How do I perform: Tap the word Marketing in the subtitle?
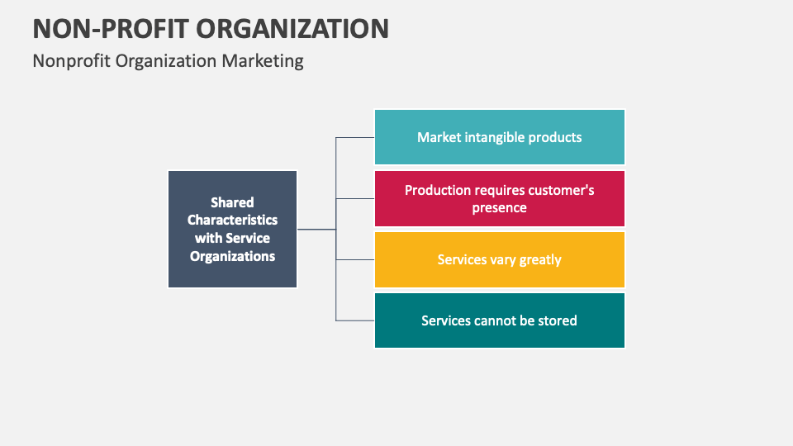pyautogui.click(x=262, y=60)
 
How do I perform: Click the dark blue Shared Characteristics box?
pyautogui.click(x=232, y=229)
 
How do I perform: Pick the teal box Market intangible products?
pyautogui.click(x=499, y=137)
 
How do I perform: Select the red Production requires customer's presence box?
pyautogui.click(x=499, y=198)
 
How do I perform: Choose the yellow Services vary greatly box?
pyautogui.click(x=499, y=259)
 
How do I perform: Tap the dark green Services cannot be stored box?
pyautogui.click(x=499, y=320)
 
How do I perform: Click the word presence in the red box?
pyautogui.click(x=499, y=207)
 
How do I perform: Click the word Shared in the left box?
pyautogui.click(x=232, y=202)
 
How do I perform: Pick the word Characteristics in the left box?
pyautogui.click(x=232, y=220)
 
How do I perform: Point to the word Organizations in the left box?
pyautogui.click(x=232, y=256)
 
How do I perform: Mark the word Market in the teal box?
pyautogui.click(x=439, y=137)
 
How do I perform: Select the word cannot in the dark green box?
pyautogui.click(x=496, y=320)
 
